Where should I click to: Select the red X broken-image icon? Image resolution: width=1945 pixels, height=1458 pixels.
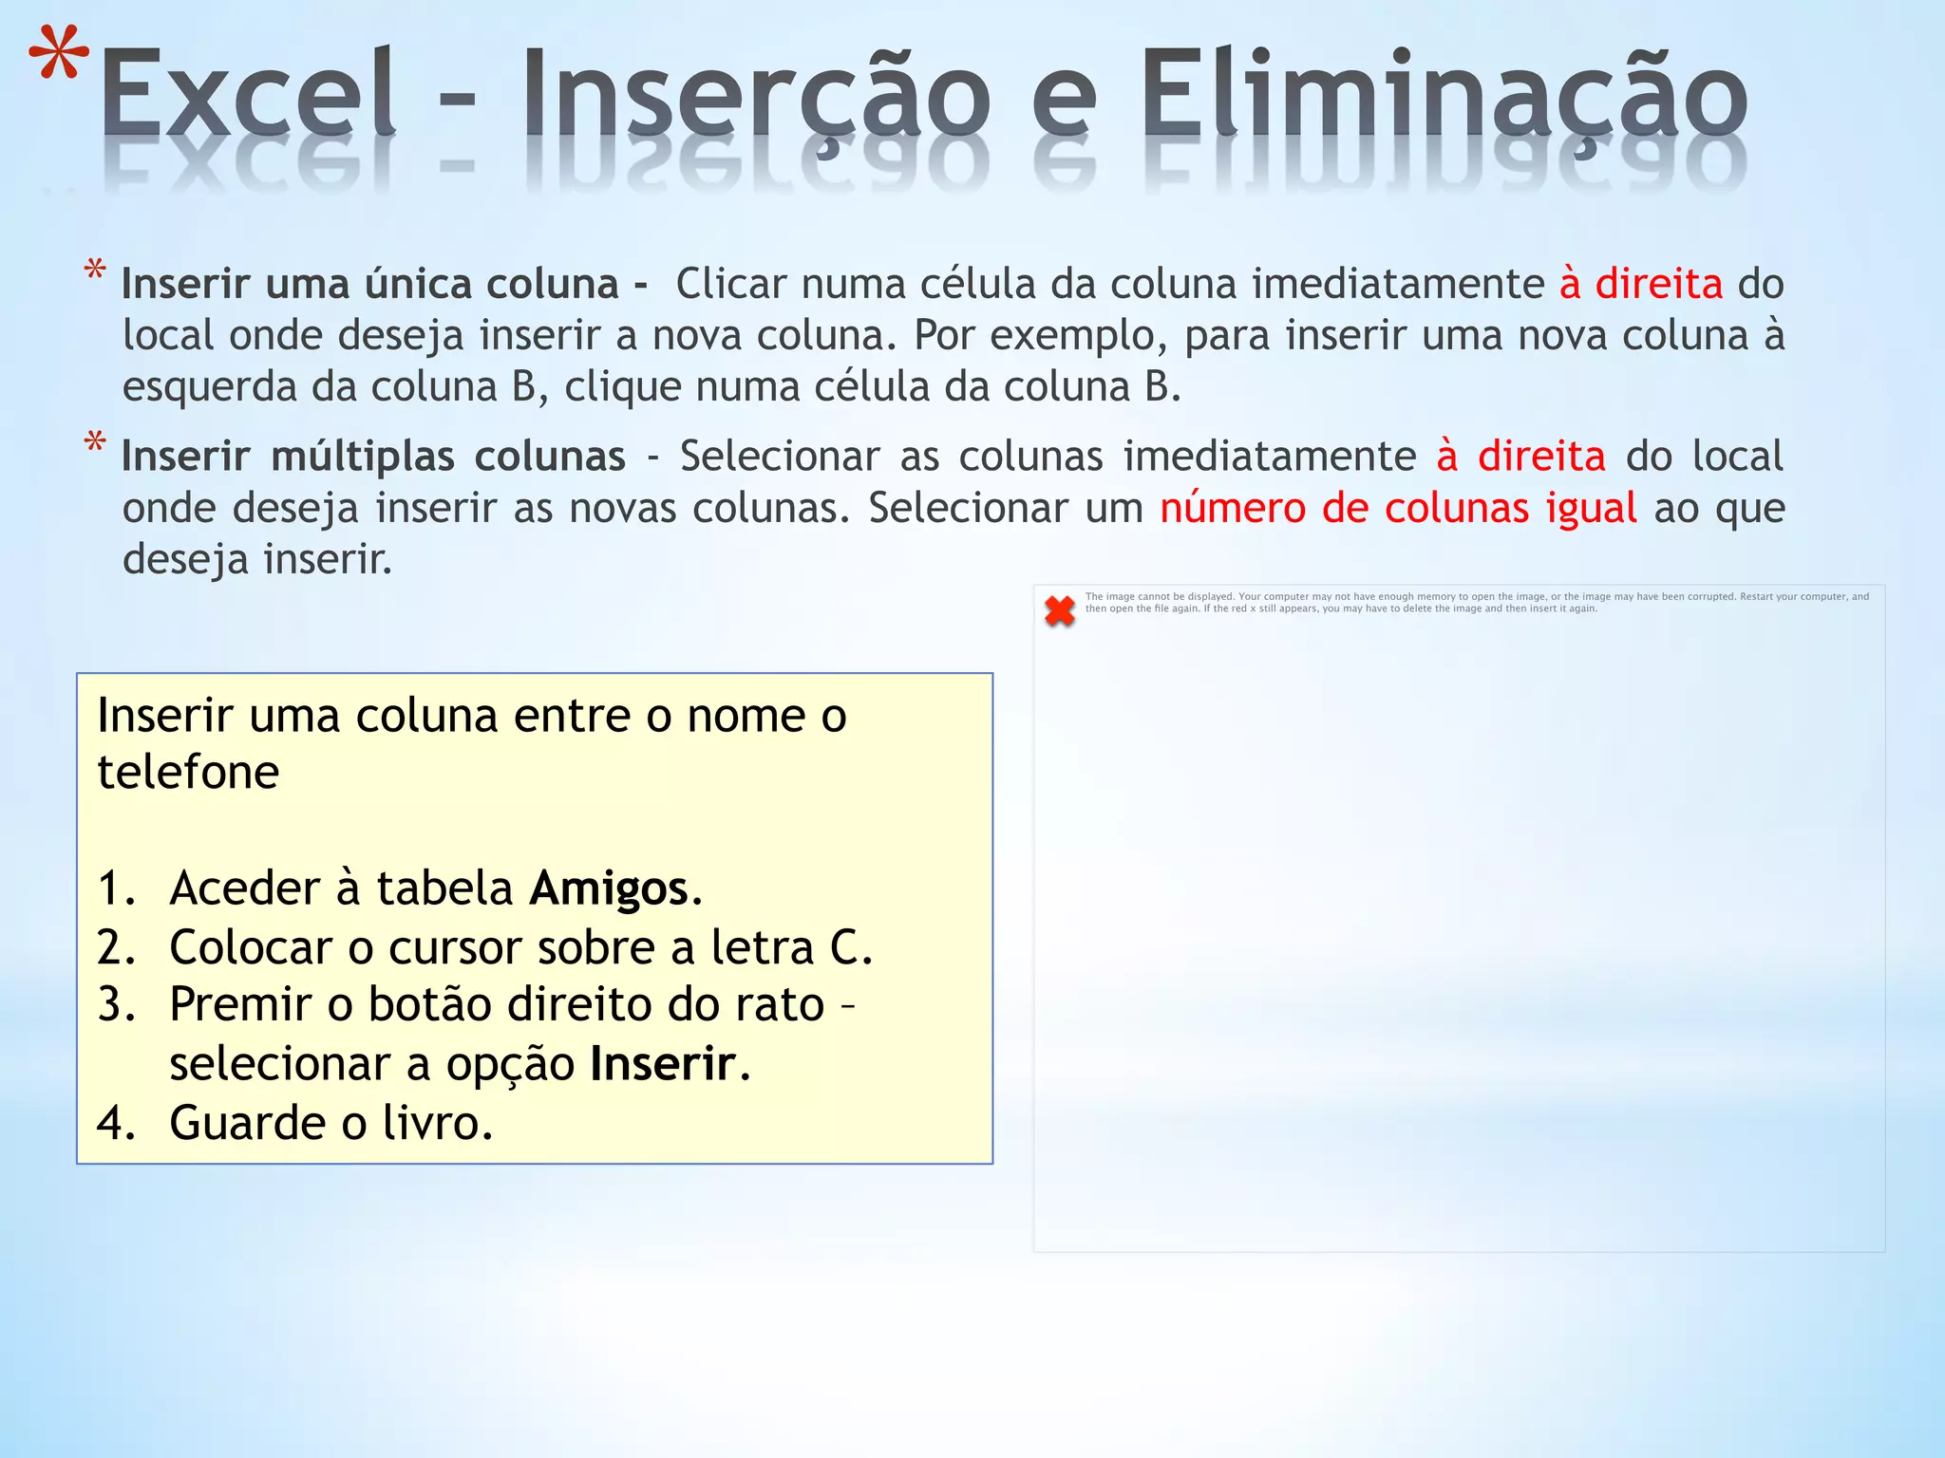pos(1060,610)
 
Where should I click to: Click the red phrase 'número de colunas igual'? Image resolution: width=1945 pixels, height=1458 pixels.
pos(1398,508)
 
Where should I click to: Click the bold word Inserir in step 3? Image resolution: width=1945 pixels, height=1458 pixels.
pos(663,1064)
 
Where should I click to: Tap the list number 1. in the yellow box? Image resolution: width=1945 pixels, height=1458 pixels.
pos(117,888)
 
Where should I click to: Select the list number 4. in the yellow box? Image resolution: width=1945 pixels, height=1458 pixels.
pos(117,1123)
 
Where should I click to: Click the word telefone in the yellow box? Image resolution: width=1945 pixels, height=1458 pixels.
pos(188,772)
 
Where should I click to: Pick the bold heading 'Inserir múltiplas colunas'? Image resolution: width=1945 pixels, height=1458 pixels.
pos(373,457)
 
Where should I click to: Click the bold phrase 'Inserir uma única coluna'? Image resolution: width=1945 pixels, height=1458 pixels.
pos(370,284)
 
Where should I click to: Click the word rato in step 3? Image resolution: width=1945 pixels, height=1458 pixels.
pos(780,1004)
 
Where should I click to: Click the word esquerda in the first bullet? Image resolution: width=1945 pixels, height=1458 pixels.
pos(210,386)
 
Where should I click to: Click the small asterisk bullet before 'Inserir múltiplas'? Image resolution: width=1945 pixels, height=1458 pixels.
pos(95,443)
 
